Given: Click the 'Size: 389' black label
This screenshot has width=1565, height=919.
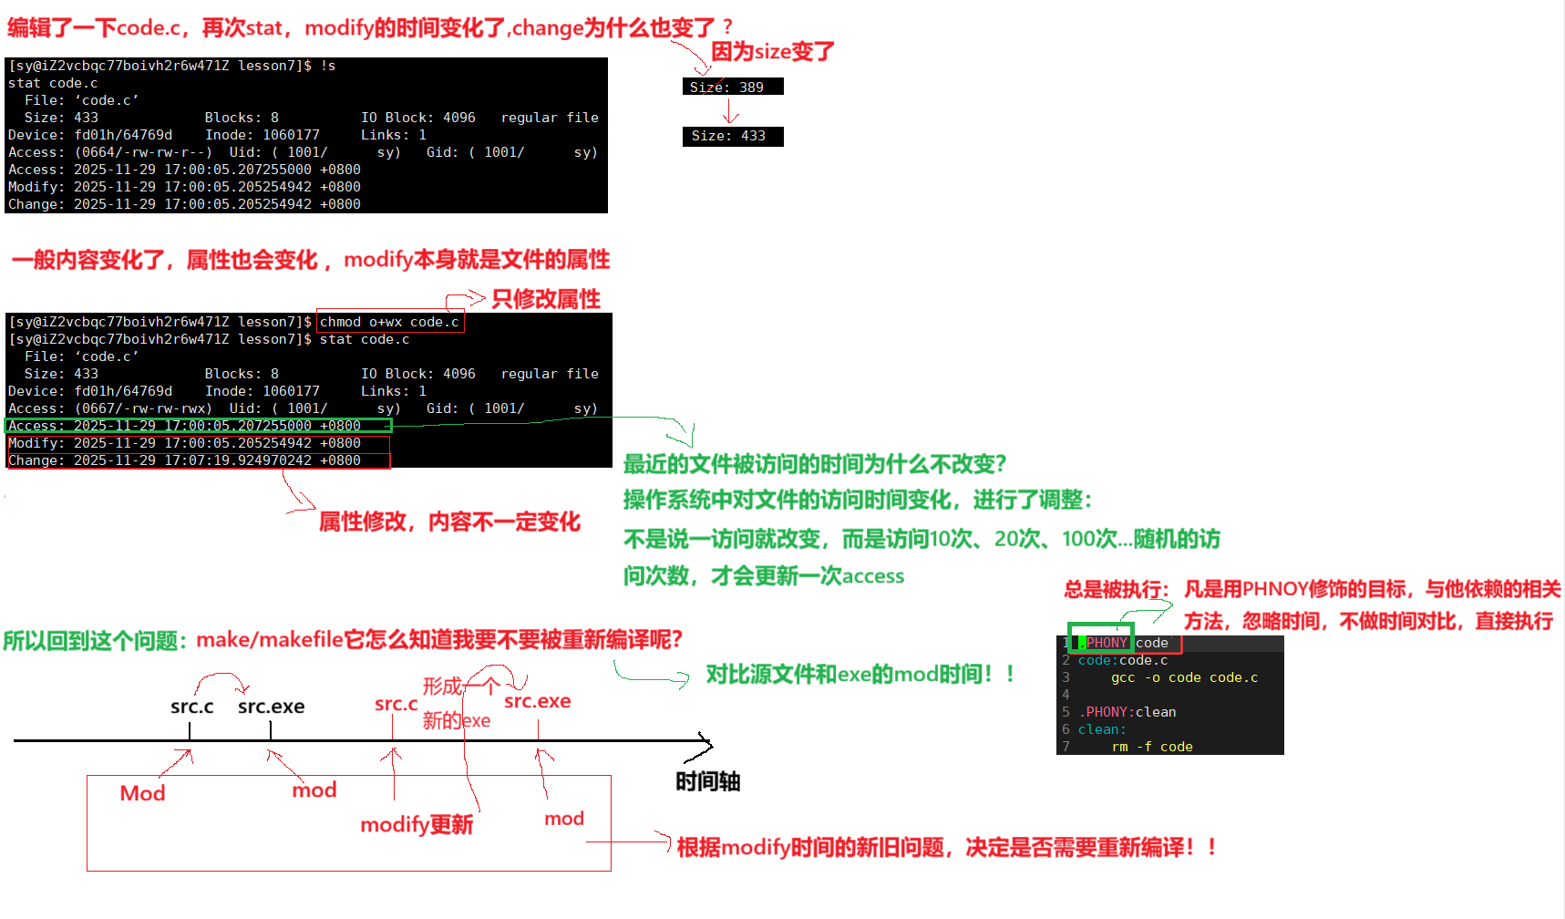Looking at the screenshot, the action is pos(732,87).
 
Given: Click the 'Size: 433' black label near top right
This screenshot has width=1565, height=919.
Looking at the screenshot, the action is pos(732,136).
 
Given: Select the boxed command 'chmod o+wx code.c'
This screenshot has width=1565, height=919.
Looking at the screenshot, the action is pos(389,322).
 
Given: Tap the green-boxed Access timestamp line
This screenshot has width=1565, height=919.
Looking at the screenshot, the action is pos(197,426).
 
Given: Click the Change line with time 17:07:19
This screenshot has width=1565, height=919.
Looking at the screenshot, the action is pos(197,460).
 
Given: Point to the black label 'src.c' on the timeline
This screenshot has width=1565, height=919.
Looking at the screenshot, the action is pos(191,707).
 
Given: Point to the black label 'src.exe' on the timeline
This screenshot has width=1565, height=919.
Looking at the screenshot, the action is pos(271,707).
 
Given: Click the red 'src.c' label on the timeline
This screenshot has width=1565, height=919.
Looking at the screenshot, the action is pos(396,704).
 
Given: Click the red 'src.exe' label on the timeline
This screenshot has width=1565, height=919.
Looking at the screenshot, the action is pos(537,701).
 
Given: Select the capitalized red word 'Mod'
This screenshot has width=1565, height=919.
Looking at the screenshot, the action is pos(142,793).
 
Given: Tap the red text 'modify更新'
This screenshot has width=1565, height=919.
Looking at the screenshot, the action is pos(417,825).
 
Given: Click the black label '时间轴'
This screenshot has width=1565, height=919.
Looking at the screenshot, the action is pos(707,781).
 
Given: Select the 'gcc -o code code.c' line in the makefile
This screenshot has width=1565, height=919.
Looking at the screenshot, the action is pos(1184,677).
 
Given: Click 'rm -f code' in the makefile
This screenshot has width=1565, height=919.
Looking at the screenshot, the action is pos(1152,747).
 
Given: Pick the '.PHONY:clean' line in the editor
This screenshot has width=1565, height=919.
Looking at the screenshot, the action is pos(1127,712).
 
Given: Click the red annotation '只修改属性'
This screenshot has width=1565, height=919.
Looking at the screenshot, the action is pos(545,299).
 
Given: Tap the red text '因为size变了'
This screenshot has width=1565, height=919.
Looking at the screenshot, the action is pos(772,51).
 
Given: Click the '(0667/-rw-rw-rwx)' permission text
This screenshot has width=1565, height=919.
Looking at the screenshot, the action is pos(143,408).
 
